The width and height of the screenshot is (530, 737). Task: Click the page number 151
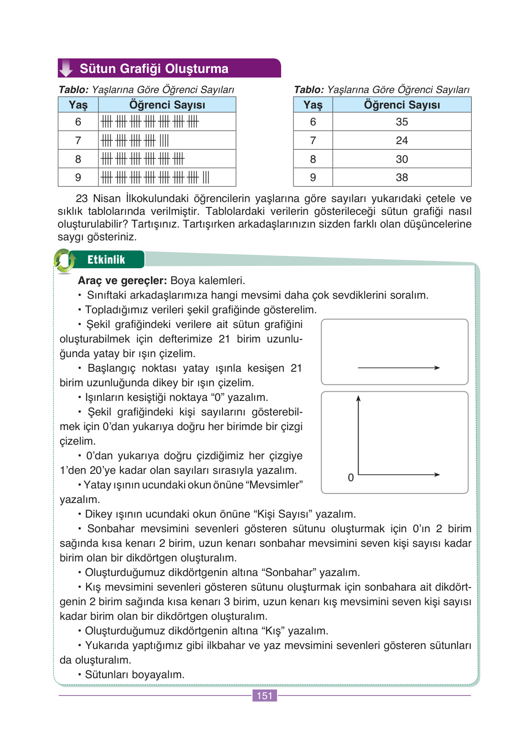click(x=264, y=695)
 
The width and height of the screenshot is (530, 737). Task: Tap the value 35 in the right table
click(x=401, y=122)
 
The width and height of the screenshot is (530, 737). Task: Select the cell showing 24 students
click(x=401, y=140)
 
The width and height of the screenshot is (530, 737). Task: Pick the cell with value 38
click(x=401, y=177)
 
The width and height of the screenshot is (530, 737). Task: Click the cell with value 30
click(x=401, y=159)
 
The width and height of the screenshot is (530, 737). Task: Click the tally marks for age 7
click(x=135, y=140)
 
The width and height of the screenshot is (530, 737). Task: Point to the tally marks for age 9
click(x=155, y=177)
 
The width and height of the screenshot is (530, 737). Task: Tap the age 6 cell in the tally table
click(x=78, y=122)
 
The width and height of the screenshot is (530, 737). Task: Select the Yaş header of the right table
click(x=313, y=105)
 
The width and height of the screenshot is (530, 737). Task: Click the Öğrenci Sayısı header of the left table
click(x=167, y=105)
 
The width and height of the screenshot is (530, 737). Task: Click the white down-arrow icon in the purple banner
click(x=67, y=68)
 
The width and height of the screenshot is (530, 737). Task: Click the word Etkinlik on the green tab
click(x=106, y=260)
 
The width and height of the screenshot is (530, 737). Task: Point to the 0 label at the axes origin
click(x=350, y=477)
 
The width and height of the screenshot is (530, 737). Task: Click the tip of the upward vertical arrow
click(x=359, y=397)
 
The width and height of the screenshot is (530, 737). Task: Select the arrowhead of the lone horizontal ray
click(x=437, y=368)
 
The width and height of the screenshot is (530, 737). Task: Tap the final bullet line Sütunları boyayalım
click(x=134, y=675)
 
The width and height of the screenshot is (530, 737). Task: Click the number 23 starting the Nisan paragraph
click(x=82, y=199)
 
